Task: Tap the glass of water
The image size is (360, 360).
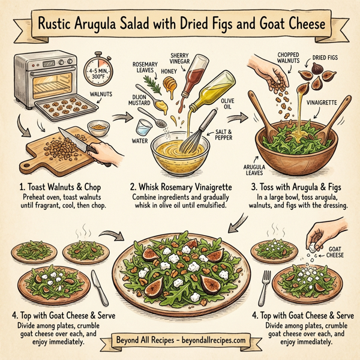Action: (142, 128)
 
